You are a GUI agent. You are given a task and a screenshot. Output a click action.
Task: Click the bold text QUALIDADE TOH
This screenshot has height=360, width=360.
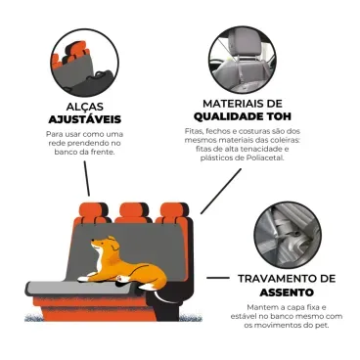click(243, 115)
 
